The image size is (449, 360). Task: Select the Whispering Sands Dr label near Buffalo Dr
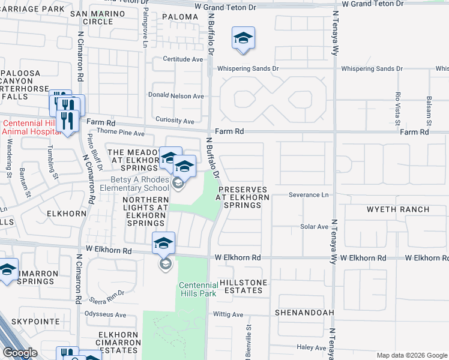[248, 69]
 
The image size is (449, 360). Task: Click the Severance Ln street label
[309, 195]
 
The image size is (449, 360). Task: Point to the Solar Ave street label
[314, 227]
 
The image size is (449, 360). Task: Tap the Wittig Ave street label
[228, 314]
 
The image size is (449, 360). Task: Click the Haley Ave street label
[311, 347]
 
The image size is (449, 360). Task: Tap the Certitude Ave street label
[184, 59]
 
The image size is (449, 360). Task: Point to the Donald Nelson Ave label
[176, 96]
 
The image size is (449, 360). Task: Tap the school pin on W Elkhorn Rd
[163, 244]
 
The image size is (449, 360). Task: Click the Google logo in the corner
[20, 353]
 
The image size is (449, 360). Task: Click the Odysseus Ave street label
[106, 314]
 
